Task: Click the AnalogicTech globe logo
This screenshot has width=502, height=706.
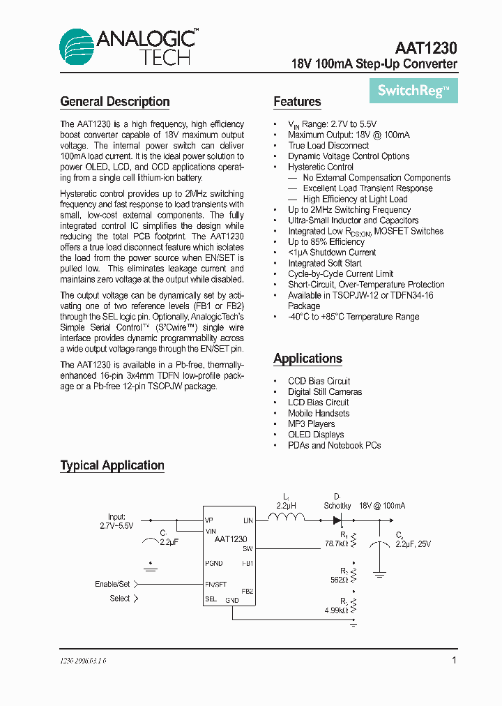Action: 76,47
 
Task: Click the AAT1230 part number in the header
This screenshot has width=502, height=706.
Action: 425,48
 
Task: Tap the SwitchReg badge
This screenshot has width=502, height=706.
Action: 413,91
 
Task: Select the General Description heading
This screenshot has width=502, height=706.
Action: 115,102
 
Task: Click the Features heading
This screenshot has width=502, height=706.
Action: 297,102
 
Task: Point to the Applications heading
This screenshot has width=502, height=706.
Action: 307,359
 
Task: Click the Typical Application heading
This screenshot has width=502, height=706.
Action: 112,465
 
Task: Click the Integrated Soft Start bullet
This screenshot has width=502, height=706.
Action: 324,263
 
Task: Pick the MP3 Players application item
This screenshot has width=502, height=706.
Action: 311,423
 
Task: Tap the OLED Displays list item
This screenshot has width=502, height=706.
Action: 316,435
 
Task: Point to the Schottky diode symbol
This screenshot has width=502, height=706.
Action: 337,520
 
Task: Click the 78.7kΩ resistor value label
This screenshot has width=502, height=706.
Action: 336,542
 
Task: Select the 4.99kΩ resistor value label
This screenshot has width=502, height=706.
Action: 335,610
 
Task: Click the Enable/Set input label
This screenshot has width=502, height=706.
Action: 112,584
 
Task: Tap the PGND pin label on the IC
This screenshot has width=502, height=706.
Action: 214,562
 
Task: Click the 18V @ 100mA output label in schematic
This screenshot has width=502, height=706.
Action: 382,506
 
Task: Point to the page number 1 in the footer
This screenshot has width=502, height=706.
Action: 454,660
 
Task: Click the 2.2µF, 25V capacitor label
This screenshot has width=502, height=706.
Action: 413,543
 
